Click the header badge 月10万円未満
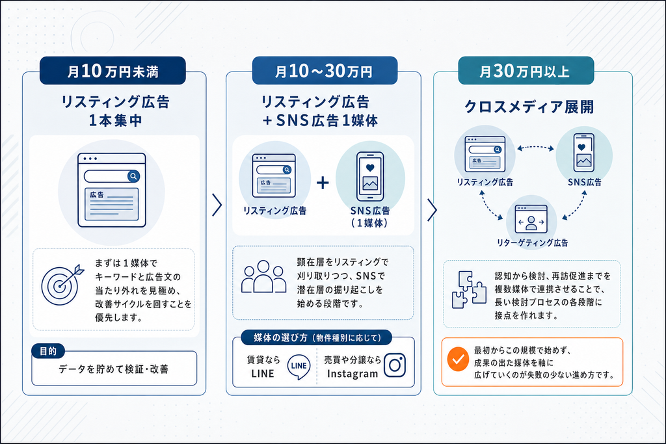pos(113,70)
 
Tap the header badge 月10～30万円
pos(325,70)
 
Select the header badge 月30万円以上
pos(526,70)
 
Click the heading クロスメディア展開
pos(529,107)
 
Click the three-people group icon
pos(264,277)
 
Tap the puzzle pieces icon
pos(469,289)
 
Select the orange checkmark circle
pos(458,359)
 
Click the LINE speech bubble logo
pos(299,367)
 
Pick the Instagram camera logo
pos(395,365)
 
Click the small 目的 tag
pos(48,351)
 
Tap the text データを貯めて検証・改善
pos(113,369)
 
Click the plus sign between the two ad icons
pos(323,183)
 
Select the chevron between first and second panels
pos(217,205)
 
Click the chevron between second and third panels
pos(432,210)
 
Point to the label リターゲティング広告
pos(532,242)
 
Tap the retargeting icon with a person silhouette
pos(531,220)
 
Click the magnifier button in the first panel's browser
pos(133,176)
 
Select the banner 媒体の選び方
pos(317,338)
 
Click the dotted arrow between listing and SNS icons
pos(536,148)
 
